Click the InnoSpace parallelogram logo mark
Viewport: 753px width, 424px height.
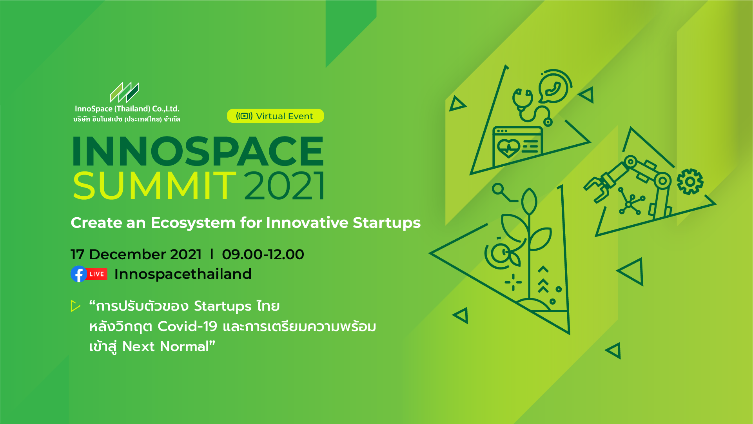click(x=124, y=92)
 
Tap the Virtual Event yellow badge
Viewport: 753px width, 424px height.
click(x=275, y=116)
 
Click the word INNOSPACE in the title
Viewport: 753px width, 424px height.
click(x=198, y=151)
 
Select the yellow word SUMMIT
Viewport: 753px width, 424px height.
click(x=154, y=186)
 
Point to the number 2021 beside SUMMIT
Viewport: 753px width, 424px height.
click(x=285, y=186)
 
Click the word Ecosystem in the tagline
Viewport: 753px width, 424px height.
click(x=193, y=223)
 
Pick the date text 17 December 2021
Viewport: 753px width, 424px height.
click(x=136, y=254)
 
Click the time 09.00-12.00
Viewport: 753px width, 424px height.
click(x=263, y=254)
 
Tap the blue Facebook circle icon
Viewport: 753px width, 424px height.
click(x=79, y=274)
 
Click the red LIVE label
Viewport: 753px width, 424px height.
click(x=97, y=274)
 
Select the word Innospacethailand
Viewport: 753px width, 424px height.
click(x=183, y=274)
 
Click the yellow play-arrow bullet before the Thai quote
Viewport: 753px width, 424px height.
click(x=75, y=306)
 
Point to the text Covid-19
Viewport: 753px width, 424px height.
click(x=187, y=326)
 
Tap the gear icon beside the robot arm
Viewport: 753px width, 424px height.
click(x=690, y=182)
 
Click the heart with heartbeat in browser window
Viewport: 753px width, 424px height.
click(x=508, y=148)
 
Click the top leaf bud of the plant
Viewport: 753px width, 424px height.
click(x=529, y=201)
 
